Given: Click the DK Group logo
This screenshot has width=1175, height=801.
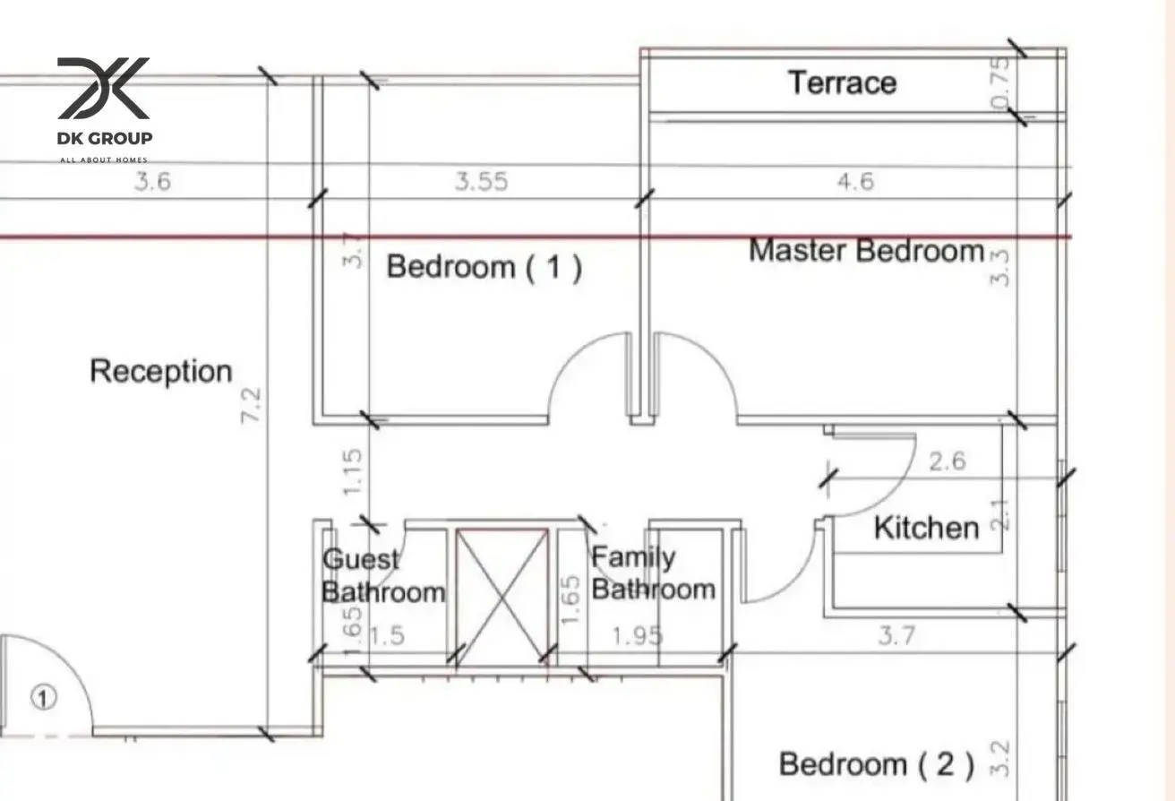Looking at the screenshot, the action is point(105,110).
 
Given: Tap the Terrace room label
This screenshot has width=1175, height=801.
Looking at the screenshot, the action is point(842,83).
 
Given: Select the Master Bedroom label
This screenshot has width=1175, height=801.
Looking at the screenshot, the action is point(866,250).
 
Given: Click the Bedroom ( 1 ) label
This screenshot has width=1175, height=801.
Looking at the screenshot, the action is point(485,267).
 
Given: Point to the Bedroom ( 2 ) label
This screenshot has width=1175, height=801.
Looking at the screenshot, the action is point(877,764).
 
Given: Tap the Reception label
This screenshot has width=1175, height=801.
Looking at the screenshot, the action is point(161,372).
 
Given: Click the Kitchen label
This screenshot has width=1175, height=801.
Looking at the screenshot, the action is point(926,528).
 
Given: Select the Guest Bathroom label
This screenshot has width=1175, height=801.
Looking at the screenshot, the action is point(383,576).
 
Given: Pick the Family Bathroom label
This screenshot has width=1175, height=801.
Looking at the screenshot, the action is point(653,573).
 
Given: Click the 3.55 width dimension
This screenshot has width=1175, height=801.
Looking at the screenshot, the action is point(482,182).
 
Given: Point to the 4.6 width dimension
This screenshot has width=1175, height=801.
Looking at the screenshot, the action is point(855,182).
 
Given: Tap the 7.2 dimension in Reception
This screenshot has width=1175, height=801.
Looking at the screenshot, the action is point(251,405).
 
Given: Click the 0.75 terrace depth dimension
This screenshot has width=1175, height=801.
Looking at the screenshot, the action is point(1001,83).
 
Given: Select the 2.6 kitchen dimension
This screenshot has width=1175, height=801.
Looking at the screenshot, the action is point(948,461).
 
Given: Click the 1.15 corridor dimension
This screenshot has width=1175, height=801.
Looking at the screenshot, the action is point(352,472).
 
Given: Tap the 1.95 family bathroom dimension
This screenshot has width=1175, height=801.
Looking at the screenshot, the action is point(638,636).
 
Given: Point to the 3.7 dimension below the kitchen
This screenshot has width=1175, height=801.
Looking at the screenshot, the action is point(896,635).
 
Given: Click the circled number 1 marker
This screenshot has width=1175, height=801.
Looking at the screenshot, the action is point(44,698).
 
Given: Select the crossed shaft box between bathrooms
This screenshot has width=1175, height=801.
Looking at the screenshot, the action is point(502,597).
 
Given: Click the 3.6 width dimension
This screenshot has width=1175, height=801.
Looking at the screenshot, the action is point(152,182).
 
